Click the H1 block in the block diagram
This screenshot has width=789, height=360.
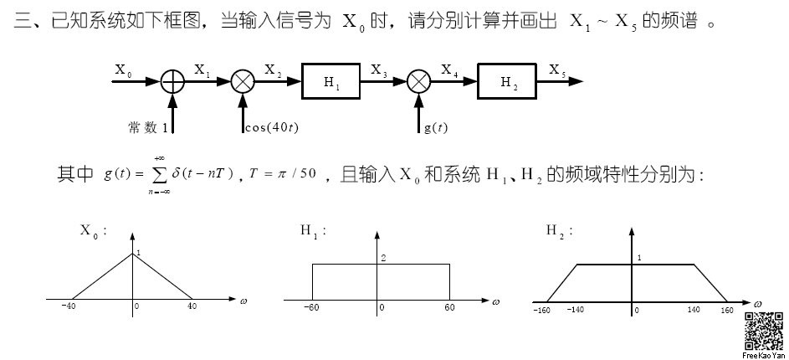332,81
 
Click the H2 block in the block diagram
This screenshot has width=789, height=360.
508,81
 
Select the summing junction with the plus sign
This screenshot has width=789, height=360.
172,81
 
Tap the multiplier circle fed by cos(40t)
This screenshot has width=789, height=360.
243,81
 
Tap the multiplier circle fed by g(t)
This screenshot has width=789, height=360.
418,81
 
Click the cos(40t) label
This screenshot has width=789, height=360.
272,127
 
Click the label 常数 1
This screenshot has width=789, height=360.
149,127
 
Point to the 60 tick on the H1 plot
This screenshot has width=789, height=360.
449,308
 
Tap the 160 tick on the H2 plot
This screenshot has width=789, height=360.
727,310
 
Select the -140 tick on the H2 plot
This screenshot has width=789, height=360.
575,310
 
